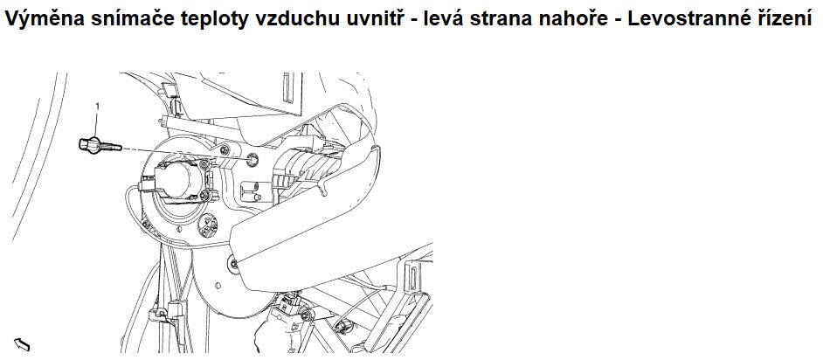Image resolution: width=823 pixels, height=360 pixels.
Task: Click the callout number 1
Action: point(97,106)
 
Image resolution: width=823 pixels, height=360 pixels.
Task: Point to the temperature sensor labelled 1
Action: point(100,145)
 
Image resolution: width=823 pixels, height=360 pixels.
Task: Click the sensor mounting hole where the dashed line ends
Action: point(252,158)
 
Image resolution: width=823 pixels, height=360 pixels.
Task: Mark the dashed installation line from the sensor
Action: point(184,153)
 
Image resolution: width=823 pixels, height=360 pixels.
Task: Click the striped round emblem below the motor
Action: point(207,225)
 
